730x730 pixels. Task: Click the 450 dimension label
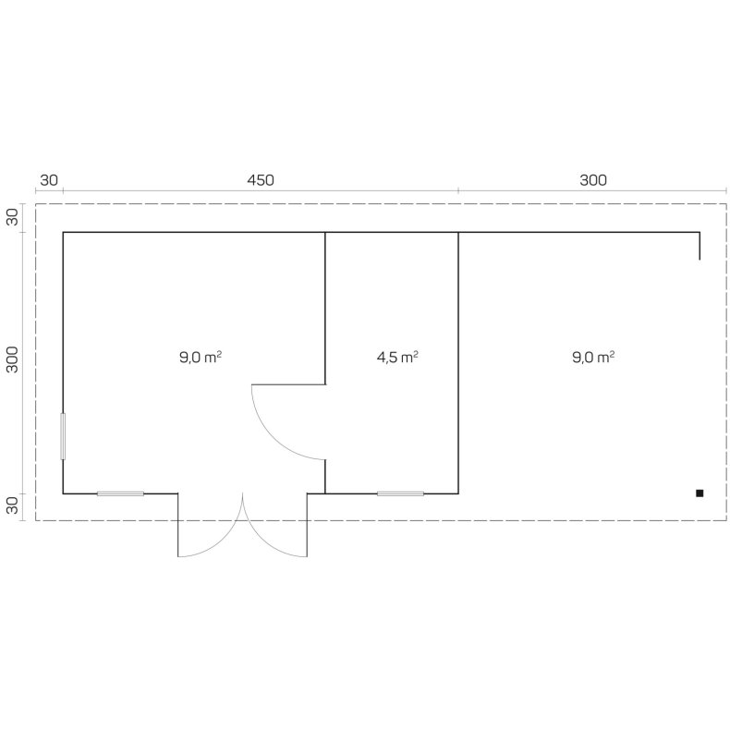[261, 180]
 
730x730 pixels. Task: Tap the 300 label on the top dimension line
[593, 180]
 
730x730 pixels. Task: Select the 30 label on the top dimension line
[49, 180]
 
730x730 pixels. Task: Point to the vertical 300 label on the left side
[13, 360]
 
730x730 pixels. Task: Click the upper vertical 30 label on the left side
[13, 217]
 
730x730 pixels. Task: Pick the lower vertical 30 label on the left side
[13, 505]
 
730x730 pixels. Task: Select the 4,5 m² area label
[397, 356]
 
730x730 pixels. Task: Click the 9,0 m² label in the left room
[201, 356]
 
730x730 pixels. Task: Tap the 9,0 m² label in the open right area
[593, 356]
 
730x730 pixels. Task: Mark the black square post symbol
[700, 493]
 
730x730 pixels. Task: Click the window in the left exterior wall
[63, 436]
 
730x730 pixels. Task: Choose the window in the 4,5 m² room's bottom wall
[400, 493]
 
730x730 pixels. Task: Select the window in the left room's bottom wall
[120, 493]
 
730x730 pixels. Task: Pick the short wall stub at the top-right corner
[700, 247]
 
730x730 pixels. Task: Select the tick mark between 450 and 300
[458, 190]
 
